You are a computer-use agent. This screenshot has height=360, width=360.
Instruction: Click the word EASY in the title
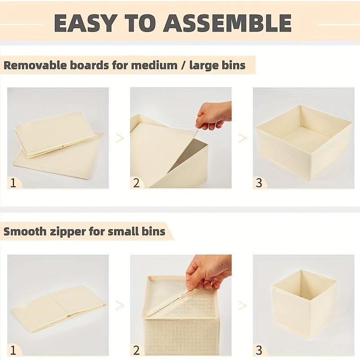click(x=85, y=23)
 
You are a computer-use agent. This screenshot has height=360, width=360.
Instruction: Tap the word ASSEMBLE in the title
click(x=227, y=23)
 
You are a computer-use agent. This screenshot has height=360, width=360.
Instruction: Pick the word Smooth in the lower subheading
click(x=25, y=231)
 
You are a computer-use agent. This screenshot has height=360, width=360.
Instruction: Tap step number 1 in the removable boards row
click(x=13, y=183)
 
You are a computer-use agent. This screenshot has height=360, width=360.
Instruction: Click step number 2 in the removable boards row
click(x=136, y=183)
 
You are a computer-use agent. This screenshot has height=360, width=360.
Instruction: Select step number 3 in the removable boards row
click(x=259, y=183)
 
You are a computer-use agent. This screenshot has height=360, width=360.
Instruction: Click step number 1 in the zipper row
click(x=13, y=351)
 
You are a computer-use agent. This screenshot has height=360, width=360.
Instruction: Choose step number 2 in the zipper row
click(x=136, y=351)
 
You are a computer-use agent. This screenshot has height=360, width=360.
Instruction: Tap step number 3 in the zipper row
click(x=259, y=351)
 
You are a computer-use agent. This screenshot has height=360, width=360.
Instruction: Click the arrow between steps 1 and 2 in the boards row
click(x=120, y=138)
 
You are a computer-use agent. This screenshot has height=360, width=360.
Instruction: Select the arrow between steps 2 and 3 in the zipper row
click(x=242, y=306)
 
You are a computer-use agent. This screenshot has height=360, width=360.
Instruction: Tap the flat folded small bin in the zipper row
click(x=58, y=309)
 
